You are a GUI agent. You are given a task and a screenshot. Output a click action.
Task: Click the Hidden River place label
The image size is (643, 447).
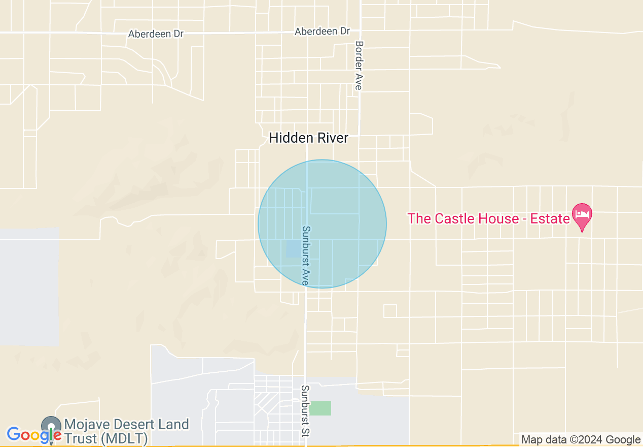pyautogui.click(x=308, y=138)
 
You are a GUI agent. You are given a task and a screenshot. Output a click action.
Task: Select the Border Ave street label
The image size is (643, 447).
pyautogui.click(x=359, y=66)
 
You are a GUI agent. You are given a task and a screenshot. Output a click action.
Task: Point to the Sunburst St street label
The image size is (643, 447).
pyautogui.click(x=305, y=411)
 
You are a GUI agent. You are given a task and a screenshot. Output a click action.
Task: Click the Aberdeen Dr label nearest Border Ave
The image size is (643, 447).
pyautogui.click(x=322, y=31)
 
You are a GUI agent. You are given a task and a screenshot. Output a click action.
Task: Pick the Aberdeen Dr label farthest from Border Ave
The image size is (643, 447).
pyautogui.click(x=156, y=34)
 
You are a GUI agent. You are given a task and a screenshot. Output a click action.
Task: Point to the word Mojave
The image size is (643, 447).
pyautogui.click(x=87, y=425)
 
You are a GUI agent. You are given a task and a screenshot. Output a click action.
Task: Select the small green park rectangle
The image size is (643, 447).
pyautogui.click(x=320, y=408)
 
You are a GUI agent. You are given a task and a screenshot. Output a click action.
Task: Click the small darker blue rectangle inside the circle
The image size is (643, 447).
pyautogui.click(x=293, y=249)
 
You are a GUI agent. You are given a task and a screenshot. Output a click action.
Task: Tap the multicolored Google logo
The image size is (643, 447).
pyautogui.click(x=33, y=435)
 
